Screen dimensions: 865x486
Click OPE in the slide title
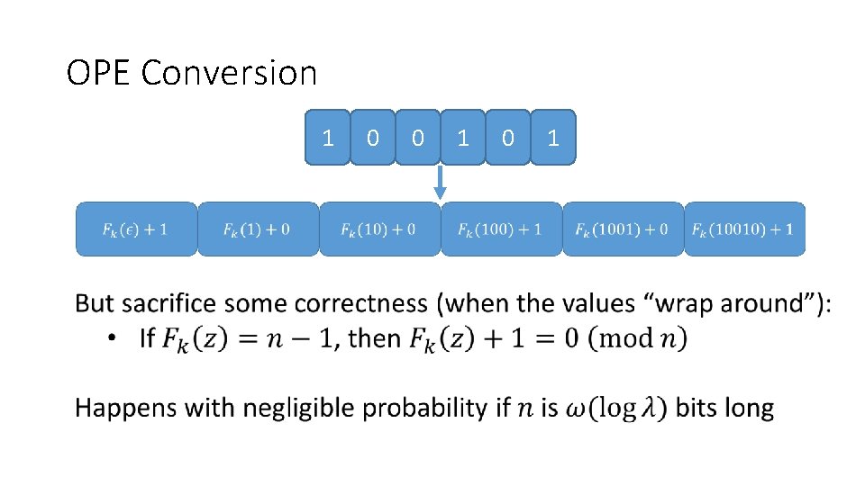pyautogui.click(x=99, y=73)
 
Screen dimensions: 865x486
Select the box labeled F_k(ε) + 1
pyautogui.click(x=135, y=229)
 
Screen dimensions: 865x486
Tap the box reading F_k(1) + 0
pyautogui.click(x=258, y=229)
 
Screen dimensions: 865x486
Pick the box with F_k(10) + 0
pyautogui.click(x=379, y=229)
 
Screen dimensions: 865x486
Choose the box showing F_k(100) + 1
pyautogui.click(x=501, y=229)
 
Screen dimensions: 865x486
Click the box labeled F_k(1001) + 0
pyautogui.click(x=623, y=229)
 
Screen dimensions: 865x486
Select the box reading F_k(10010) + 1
pyautogui.click(x=744, y=229)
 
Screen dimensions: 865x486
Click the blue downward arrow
pyautogui.click(x=440, y=183)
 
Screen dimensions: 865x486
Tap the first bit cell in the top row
pyautogui.click(x=328, y=138)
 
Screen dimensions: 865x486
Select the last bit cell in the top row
pyautogui.click(x=552, y=138)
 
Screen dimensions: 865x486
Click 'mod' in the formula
pyautogui.click(x=625, y=338)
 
